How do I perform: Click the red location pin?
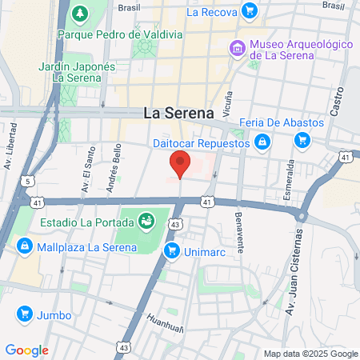181,163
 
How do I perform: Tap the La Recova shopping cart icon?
250,11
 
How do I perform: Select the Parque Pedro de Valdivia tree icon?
80,14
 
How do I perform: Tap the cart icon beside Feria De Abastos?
302,141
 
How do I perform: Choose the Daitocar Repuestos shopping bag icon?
262,143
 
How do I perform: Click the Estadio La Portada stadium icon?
146,219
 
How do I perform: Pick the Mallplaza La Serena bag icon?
26,246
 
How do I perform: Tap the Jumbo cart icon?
25,314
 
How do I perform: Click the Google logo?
26,350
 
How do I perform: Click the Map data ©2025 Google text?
311,354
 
